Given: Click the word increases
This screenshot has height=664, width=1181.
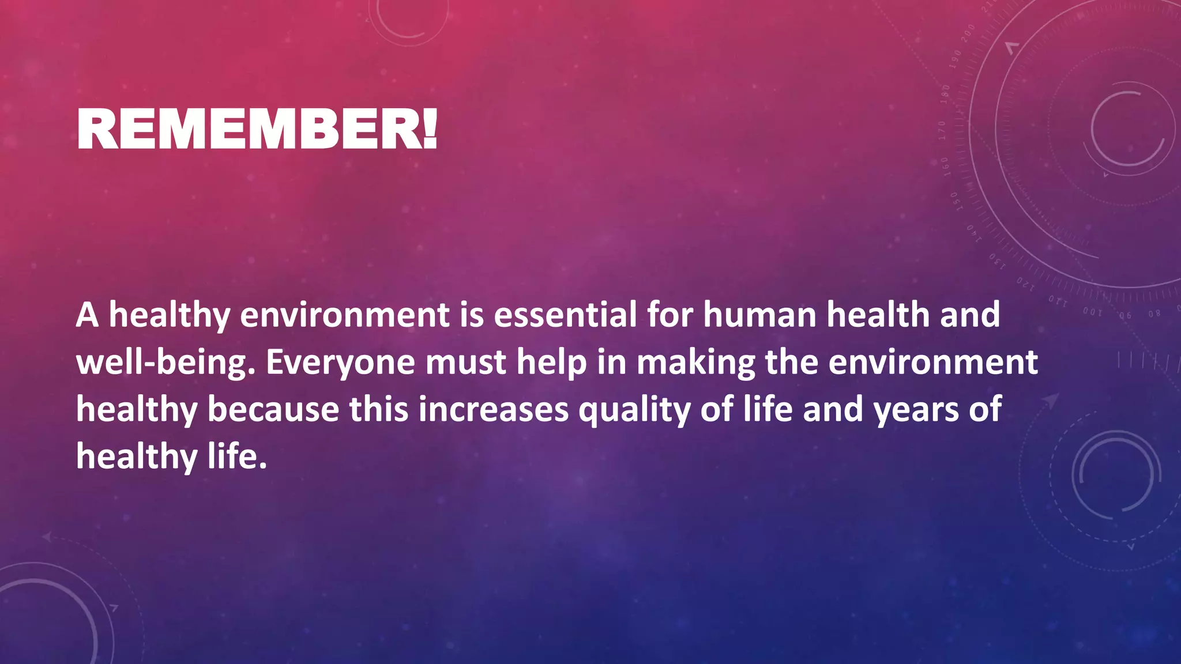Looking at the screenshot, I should [494, 410].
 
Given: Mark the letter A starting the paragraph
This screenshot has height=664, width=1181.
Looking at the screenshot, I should [87, 316].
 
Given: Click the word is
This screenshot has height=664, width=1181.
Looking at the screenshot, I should [472, 315].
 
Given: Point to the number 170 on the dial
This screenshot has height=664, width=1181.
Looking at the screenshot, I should [942, 130].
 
